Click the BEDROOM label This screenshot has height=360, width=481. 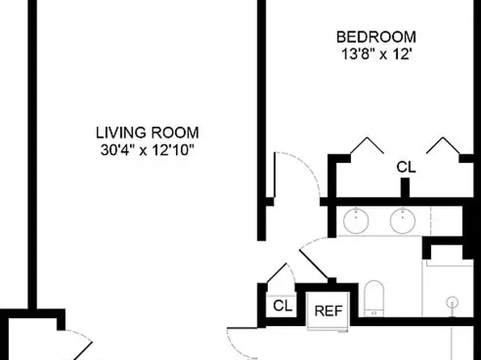[x=376, y=36]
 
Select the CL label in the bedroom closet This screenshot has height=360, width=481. [x=406, y=168]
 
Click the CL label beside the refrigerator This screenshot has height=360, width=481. [x=282, y=306]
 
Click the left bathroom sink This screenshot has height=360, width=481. [x=356, y=220]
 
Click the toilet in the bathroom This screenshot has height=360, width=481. [x=374, y=297]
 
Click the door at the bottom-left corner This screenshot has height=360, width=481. [x=73, y=339]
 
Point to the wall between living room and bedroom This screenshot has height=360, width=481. [x=261, y=121]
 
